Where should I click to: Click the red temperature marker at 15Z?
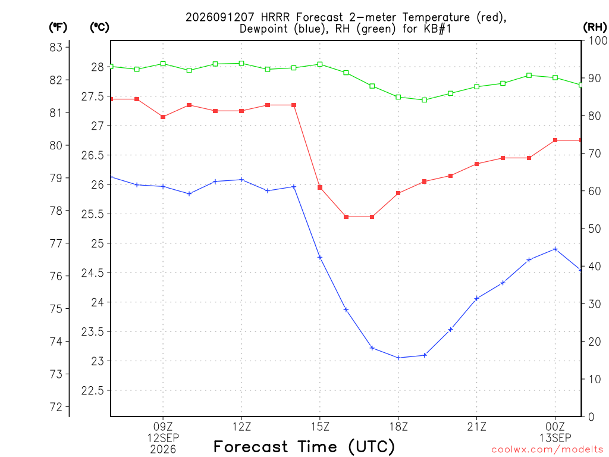click(320, 187)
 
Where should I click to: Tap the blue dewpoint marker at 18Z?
click(398, 358)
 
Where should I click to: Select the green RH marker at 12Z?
click(241, 63)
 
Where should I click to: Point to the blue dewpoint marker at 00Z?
click(555, 249)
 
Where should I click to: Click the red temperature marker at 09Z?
click(163, 117)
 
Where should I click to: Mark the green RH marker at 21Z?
click(476, 87)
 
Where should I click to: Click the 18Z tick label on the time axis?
click(398, 427)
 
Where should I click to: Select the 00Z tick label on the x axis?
click(555, 427)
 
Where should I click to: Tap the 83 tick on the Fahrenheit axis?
click(56, 48)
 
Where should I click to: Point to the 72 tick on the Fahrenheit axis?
click(56, 407)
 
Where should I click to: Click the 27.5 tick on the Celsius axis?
click(92, 96)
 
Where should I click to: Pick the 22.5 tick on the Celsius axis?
click(92, 390)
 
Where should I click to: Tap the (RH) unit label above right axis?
click(595, 27)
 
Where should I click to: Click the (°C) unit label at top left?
click(99, 27)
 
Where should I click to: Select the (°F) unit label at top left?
click(58, 27)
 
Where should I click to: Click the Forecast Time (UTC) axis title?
click(304, 447)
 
